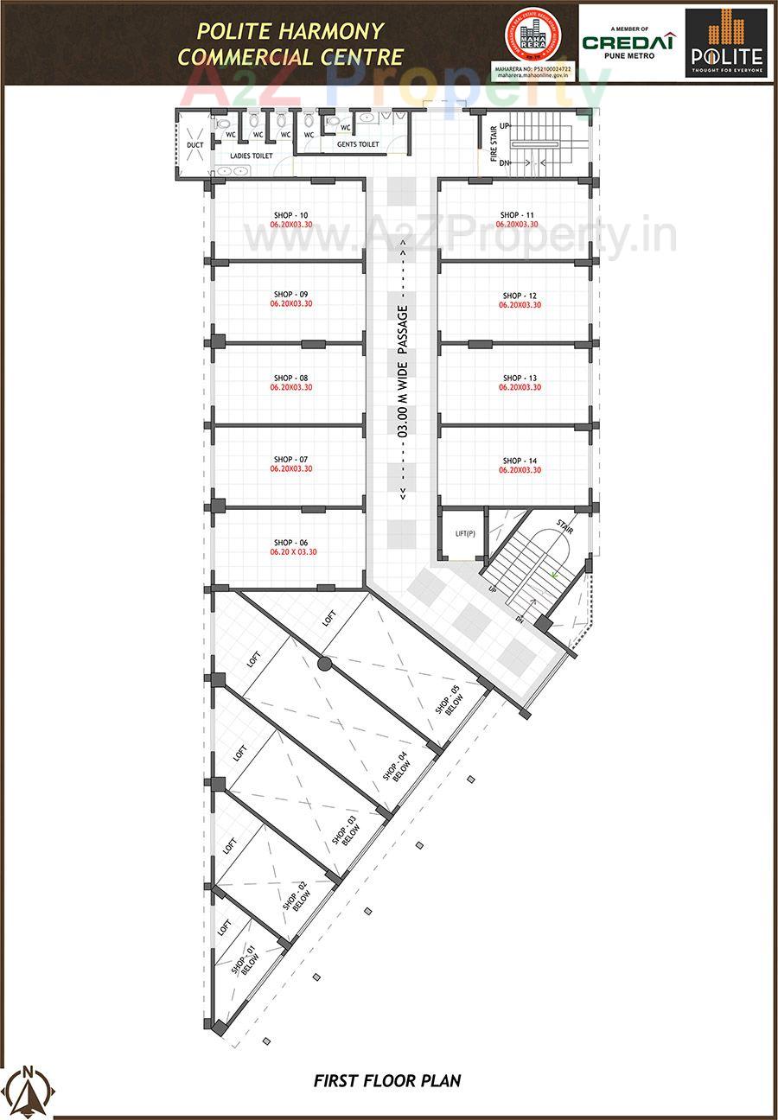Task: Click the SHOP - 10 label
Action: click(x=290, y=215)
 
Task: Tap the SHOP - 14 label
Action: click(x=520, y=461)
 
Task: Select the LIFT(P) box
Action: click(x=465, y=534)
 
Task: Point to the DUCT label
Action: click(x=195, y=145)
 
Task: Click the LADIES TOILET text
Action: click(x=251, y=156)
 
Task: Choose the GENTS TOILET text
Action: click(x=358, y=145)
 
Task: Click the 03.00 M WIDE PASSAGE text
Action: click(x=402, y=372)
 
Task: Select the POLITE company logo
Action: click(x=725, y=41)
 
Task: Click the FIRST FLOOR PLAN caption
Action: click(x=387, y=1080)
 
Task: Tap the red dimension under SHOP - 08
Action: click(x=290, y=388)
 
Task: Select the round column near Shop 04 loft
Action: click(x=324, y=664)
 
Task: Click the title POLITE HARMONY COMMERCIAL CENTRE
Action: click(x=290, y=44)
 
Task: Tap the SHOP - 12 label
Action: click(x=520, y=296)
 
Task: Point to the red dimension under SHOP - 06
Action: click(x=293, y=551)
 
